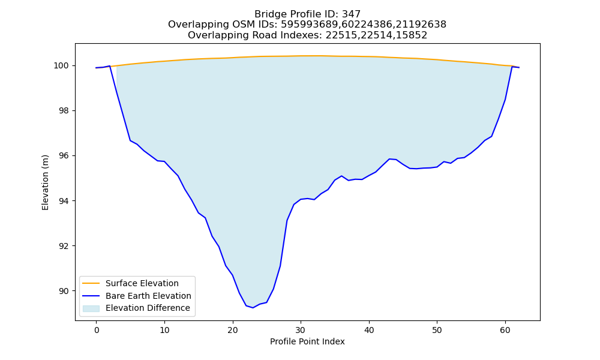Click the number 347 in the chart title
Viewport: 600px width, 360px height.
351,14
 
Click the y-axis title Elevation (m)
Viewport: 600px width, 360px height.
45,182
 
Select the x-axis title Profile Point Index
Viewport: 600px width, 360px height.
307,341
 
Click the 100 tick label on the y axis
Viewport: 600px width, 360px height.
61,66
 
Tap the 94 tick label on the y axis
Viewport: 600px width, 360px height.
64,201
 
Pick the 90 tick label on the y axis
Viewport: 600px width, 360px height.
64,291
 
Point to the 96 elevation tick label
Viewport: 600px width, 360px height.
64,156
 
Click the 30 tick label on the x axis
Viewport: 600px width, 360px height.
301,330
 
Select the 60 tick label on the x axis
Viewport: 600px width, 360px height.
505,330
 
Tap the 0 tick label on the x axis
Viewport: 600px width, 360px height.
97,330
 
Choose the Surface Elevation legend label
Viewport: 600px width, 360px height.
142,283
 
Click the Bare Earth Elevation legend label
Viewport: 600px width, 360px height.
148,296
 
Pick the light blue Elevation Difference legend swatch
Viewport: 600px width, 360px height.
91,308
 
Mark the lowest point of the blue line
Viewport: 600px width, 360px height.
253,308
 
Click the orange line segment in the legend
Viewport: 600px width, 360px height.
91,283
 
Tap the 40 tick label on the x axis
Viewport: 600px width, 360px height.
369,330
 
